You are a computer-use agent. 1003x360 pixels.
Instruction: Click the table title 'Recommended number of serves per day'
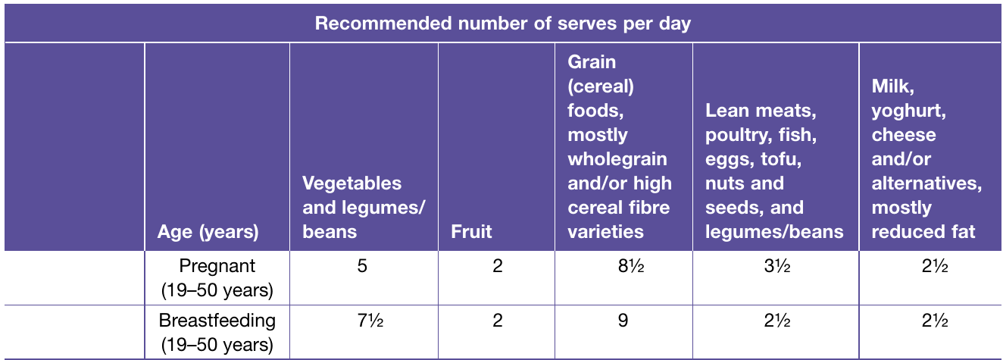[x=502, y=23]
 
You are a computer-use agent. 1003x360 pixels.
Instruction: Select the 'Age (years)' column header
[x=208, y=231]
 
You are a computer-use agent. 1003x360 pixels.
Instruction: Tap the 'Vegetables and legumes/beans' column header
[x=363, y=208]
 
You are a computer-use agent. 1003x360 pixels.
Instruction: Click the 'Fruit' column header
[x=471, y=231]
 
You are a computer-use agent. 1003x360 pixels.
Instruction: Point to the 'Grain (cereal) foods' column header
[x=620, y=146]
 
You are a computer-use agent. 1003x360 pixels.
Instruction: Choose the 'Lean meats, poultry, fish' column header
[x=774, y=171]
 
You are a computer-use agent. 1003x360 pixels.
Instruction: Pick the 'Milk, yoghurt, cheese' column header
[x=926, y=158]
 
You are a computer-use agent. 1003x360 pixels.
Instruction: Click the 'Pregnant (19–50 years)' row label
[x=217, y=277]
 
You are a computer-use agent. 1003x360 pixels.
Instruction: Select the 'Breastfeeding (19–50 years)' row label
[x=217, y=332]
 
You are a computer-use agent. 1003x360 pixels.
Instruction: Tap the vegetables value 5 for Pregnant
[x=362, y=266]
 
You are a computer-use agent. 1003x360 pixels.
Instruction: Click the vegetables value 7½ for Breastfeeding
[x=370, y=321]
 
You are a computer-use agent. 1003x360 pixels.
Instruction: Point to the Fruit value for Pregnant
[x=498, y=266]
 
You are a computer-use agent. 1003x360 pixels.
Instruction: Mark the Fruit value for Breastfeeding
[x=498, y=321]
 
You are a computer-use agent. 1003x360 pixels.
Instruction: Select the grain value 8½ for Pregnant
[x=631, y=266]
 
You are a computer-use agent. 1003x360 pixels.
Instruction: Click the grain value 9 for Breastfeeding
[x=623, y=321]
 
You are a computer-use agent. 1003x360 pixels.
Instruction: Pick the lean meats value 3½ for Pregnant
[x=777, y=266]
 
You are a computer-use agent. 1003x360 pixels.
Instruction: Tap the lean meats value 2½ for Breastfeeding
[x=777, y=321]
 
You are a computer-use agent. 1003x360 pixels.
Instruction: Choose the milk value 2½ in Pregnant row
[x=935, y=266]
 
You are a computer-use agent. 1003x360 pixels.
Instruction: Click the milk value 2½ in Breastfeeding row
[x=935, y=321]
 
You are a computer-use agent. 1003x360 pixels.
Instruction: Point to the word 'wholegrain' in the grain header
[x=617, y=159]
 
